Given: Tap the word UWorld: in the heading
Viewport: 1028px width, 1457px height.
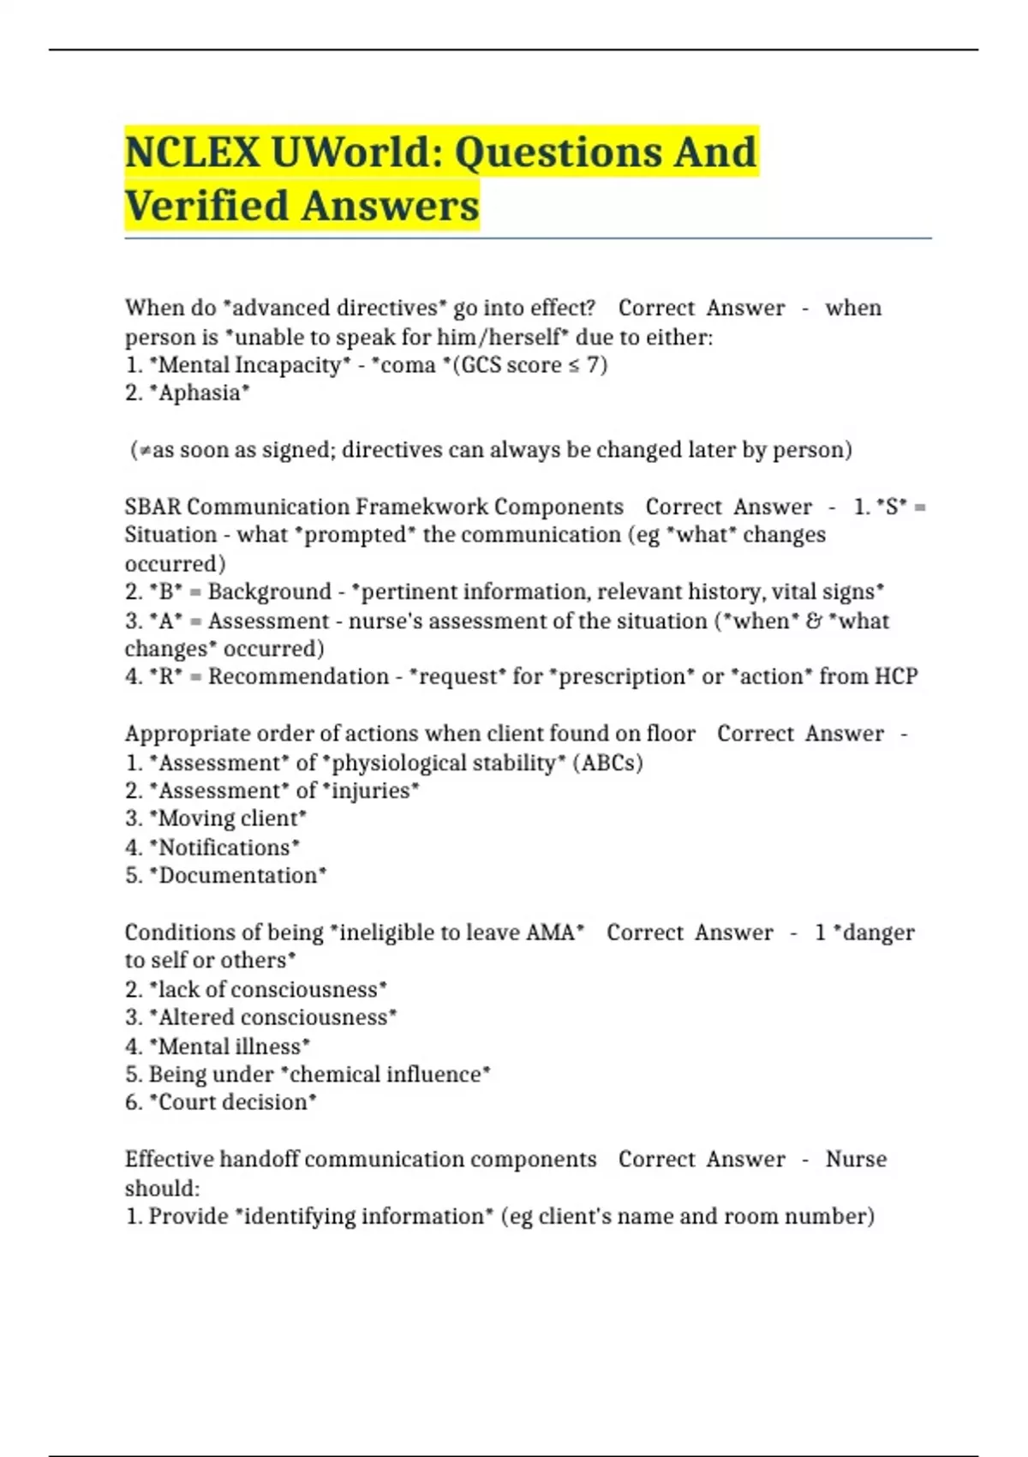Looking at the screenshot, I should [357, 153].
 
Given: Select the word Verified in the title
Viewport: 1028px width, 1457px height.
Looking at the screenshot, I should [206, 207].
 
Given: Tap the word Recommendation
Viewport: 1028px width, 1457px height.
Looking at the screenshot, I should [298, 676].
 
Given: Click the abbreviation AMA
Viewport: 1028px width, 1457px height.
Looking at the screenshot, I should [550, 932].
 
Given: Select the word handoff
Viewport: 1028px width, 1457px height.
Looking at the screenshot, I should [259, 1159].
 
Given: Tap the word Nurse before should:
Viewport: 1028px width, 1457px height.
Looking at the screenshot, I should [855, 1159].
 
